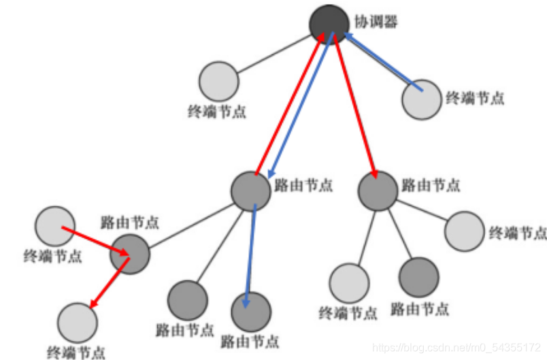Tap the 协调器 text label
click(x=376, y=22)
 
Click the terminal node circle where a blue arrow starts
click(x=421, y=99)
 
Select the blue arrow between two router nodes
click(x=250, y=252)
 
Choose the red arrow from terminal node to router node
click(x=95, y=241)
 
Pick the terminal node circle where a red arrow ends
click(x=78, y=323)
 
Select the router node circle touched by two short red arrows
click(x=129, y=254)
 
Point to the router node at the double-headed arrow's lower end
click(x=251, y=191)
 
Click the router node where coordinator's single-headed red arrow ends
click(x=378, y=191)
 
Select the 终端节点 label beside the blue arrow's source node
click(x=475, y=98)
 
